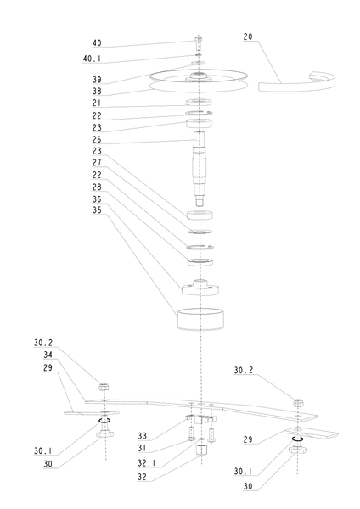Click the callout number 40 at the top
[97, 43]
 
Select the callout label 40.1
[92, 59]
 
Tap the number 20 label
[248, 36]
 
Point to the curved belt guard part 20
[297, 83]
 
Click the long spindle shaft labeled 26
[199, 168]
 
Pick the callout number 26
[97, 140]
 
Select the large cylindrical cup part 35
[200, 319]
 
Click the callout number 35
[97, 210]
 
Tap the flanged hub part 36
[200, 288]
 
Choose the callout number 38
[97, 92]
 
